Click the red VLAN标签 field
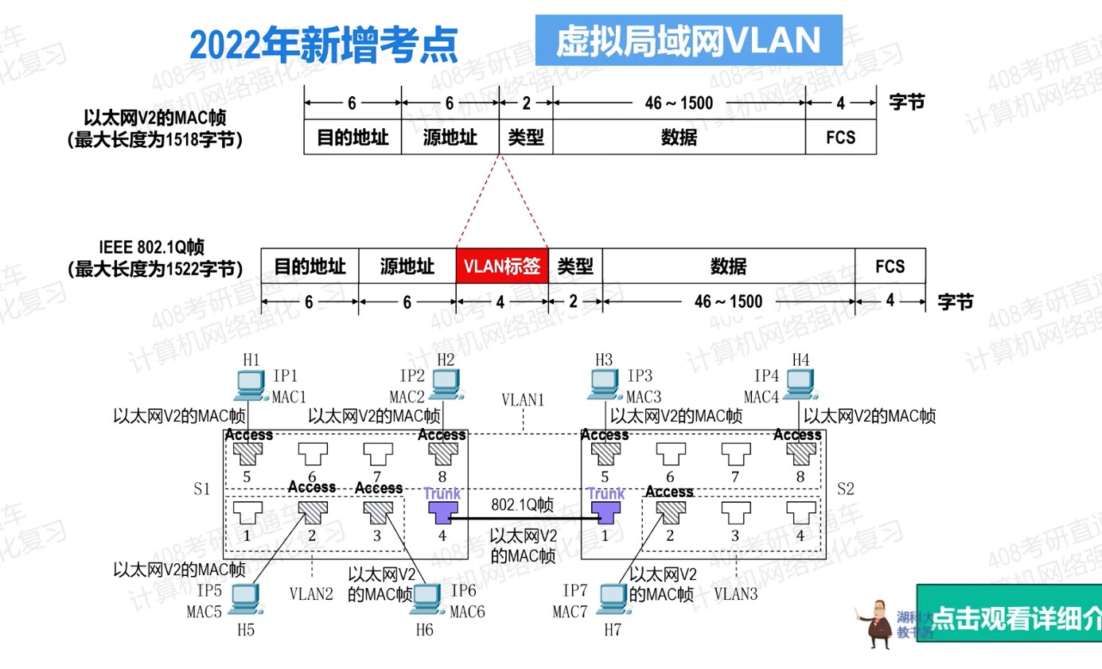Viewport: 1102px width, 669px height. coord(502,266)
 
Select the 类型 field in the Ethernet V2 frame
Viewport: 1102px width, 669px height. coord(526,138)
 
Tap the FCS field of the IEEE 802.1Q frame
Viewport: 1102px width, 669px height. coord(890,266)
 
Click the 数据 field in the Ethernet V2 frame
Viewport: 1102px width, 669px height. coord(679,138)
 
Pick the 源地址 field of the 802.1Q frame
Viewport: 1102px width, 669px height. coord(407,266)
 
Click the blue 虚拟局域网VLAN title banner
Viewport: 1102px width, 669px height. coord(688,40)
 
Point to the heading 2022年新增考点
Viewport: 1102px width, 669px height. coord(324,45)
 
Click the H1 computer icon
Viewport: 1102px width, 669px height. coord(251,385)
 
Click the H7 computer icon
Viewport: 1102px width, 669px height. coord(613,599)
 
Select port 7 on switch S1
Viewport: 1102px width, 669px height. coord(377,454)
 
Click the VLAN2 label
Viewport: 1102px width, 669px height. coord(311,593)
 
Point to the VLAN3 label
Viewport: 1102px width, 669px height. coord(736,593)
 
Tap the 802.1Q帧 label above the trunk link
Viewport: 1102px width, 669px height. coord(523,505)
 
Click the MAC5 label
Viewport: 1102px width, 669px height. coord(204,612)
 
